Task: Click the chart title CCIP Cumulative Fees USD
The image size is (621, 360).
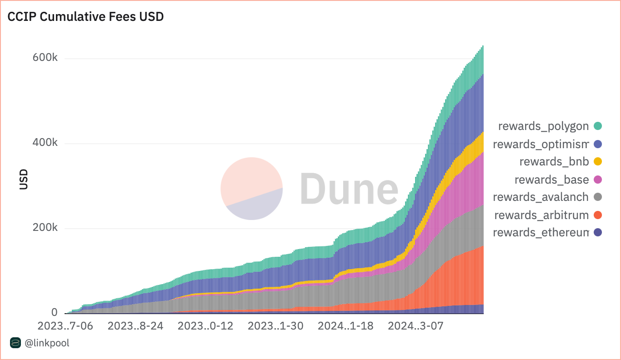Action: [85, 17]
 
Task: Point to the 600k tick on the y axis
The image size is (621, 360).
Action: [45, 59]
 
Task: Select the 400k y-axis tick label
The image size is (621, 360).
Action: [45, 144]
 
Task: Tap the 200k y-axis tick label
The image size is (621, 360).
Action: [45, 228]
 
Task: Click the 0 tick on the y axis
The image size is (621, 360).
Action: [55, 313]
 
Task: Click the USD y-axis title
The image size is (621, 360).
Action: [24, 180]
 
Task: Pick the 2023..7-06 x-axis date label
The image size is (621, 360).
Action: [65, 326]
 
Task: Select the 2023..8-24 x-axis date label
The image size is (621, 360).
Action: [135, 326]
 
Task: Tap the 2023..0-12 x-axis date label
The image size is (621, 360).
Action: [205, 326]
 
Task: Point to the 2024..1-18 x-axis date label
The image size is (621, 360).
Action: [345, 326]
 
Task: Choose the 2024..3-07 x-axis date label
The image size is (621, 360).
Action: [415, 326]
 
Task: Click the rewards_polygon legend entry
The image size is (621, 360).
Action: [543, 126]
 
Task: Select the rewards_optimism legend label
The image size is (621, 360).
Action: [541, 144]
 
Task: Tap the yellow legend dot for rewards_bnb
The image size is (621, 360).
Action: [598, 162]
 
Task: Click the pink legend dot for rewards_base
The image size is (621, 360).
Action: [598, 180]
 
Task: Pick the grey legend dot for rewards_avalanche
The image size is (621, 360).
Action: [598, 197]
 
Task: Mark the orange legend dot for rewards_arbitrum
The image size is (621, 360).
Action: [598, 215]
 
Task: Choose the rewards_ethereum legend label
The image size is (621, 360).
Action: [541, 233]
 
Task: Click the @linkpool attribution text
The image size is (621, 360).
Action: [47, 343]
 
